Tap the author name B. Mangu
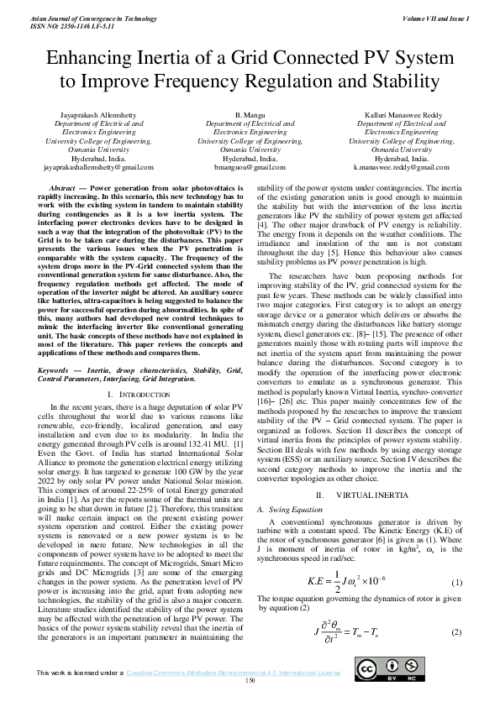point(250,113)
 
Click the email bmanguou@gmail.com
point(250,167)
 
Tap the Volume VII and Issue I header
point(435,18)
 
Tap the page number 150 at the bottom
point(250,680)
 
